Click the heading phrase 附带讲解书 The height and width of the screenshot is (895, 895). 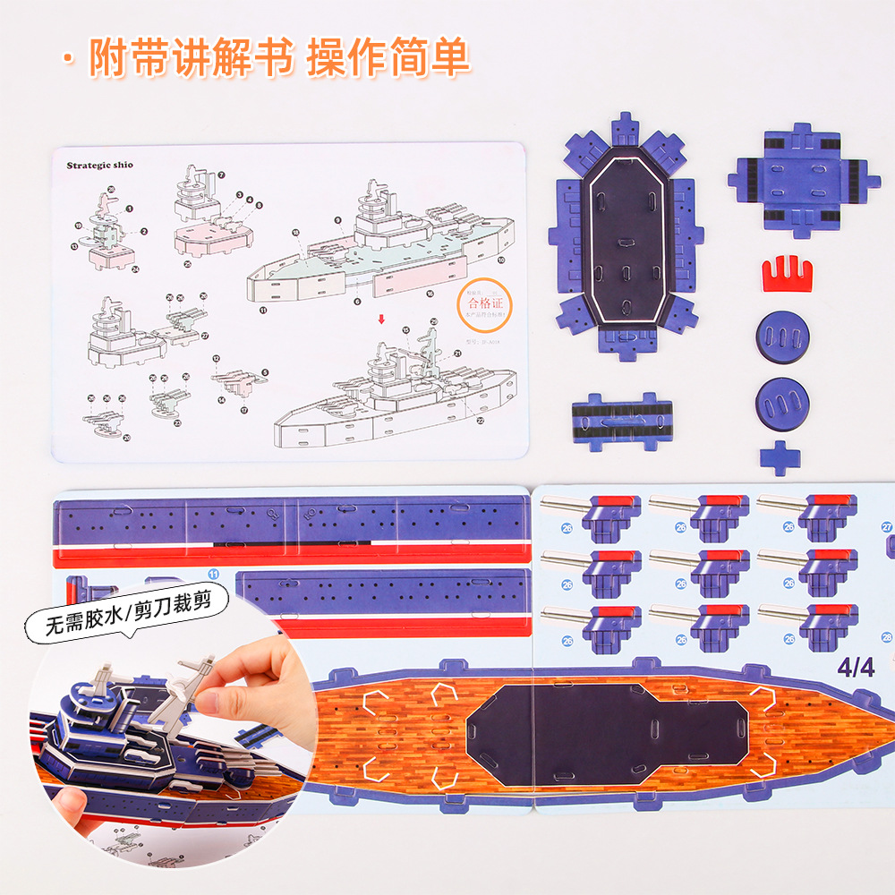192,58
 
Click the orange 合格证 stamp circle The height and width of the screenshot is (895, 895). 481,303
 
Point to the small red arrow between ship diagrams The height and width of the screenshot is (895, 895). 382,319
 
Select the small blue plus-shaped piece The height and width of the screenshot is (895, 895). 780,456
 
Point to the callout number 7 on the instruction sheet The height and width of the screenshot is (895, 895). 221,175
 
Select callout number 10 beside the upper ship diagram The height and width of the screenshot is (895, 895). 500,260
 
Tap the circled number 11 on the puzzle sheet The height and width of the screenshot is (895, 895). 213,573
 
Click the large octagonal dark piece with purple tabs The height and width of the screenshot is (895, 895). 624,237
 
